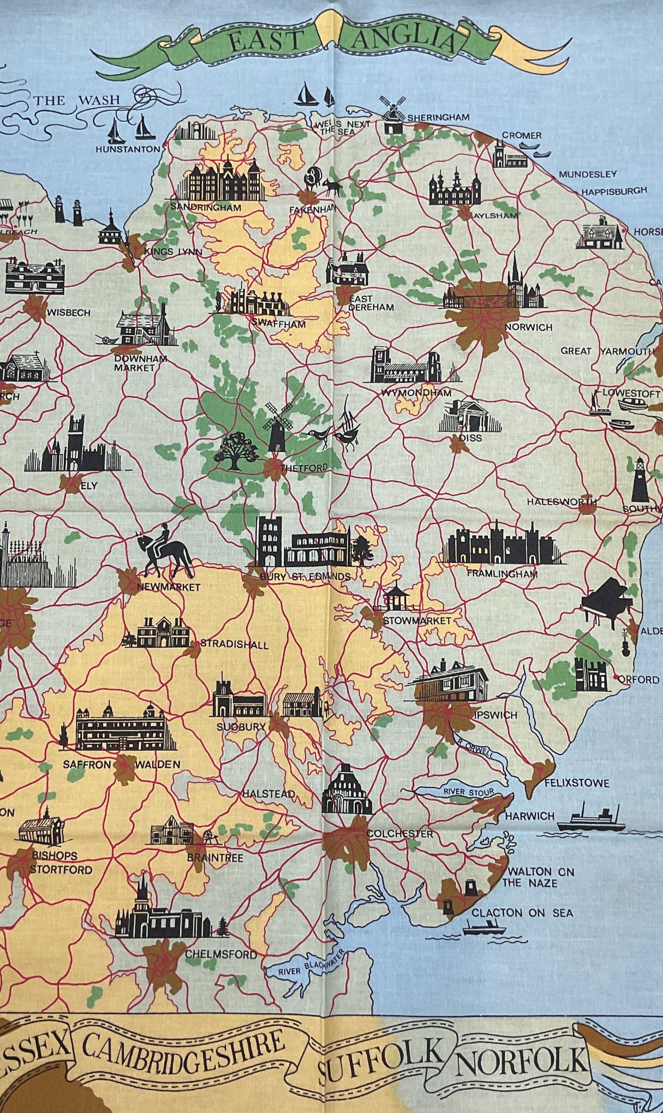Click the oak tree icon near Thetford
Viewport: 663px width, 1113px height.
pyautogui.click(x=232, y=451)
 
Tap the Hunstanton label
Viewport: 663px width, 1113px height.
pyautogui.click(x=127, y=149)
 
